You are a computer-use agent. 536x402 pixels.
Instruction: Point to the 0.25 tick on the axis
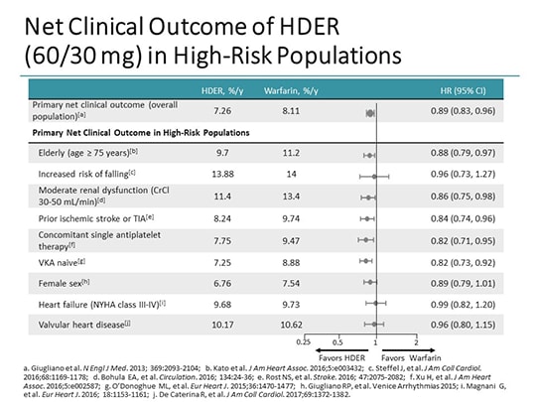coord(304,342)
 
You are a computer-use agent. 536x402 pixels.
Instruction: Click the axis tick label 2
coord(415,342)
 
